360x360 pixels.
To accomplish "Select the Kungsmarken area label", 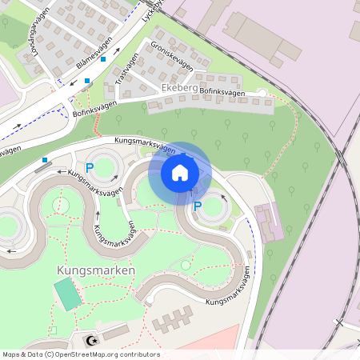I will pos(96,270).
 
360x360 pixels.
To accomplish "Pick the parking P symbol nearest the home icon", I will pos(198,206).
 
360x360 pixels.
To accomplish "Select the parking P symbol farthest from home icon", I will pos(90,168).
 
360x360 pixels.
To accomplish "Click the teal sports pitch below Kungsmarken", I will pos(67,294).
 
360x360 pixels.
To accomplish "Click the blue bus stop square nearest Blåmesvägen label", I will pos(103,59).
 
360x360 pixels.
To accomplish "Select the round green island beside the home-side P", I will pos(214,210).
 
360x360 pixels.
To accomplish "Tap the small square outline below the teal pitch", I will pos(53,330).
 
